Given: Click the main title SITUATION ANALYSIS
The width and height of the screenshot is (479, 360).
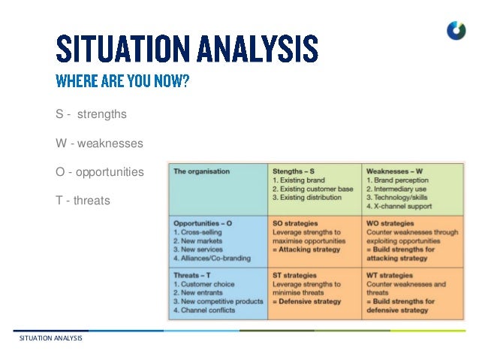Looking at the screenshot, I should (x=187, y=49).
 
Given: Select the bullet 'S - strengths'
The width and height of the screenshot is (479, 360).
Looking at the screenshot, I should (x=91, y=115).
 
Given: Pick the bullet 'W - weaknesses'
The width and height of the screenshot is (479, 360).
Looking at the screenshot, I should (x=99, y=143).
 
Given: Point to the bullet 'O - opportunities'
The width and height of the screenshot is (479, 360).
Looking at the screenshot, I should (x=99, y=172).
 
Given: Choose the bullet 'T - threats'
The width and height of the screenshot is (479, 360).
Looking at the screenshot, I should (x=83, y=201).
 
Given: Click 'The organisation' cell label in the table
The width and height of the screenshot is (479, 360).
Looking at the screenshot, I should (x=201, y=171).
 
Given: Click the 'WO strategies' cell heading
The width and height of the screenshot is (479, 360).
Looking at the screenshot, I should (x=390, y=223).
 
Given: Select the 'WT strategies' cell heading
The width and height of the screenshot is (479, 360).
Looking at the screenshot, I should (x=390, y=275).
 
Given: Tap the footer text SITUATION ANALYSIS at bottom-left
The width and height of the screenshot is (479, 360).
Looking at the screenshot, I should (x=51, y=339).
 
